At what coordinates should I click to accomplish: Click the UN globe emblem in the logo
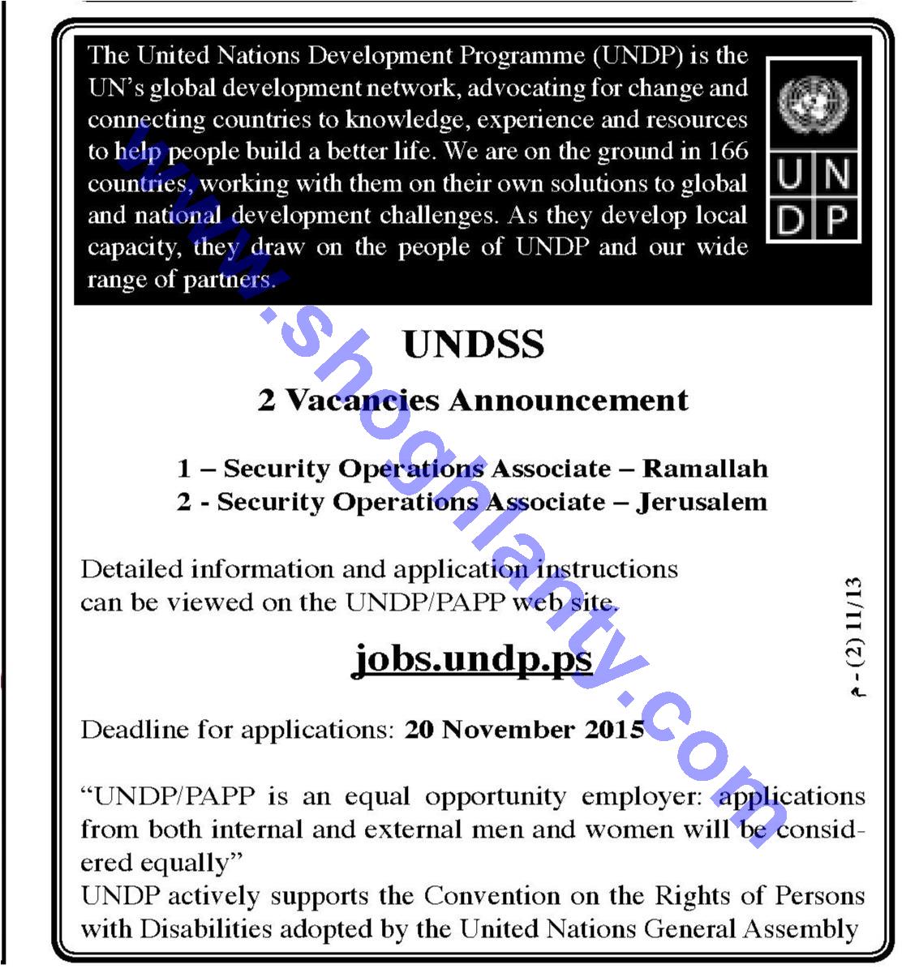[x=813, y=103]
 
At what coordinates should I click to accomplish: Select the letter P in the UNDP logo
[x=837, y=218]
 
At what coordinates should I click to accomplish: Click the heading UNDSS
[x=474, y=345]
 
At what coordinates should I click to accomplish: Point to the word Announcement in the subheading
[x=569, y=401]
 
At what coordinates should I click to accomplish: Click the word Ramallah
[x=705, y=469]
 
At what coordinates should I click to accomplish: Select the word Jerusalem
[x=702, y=502]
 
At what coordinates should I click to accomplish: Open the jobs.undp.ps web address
[x=473, y=658]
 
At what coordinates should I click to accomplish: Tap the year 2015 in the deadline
[x=614, y=730]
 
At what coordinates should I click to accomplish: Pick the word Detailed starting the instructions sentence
[x=131, y=569]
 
